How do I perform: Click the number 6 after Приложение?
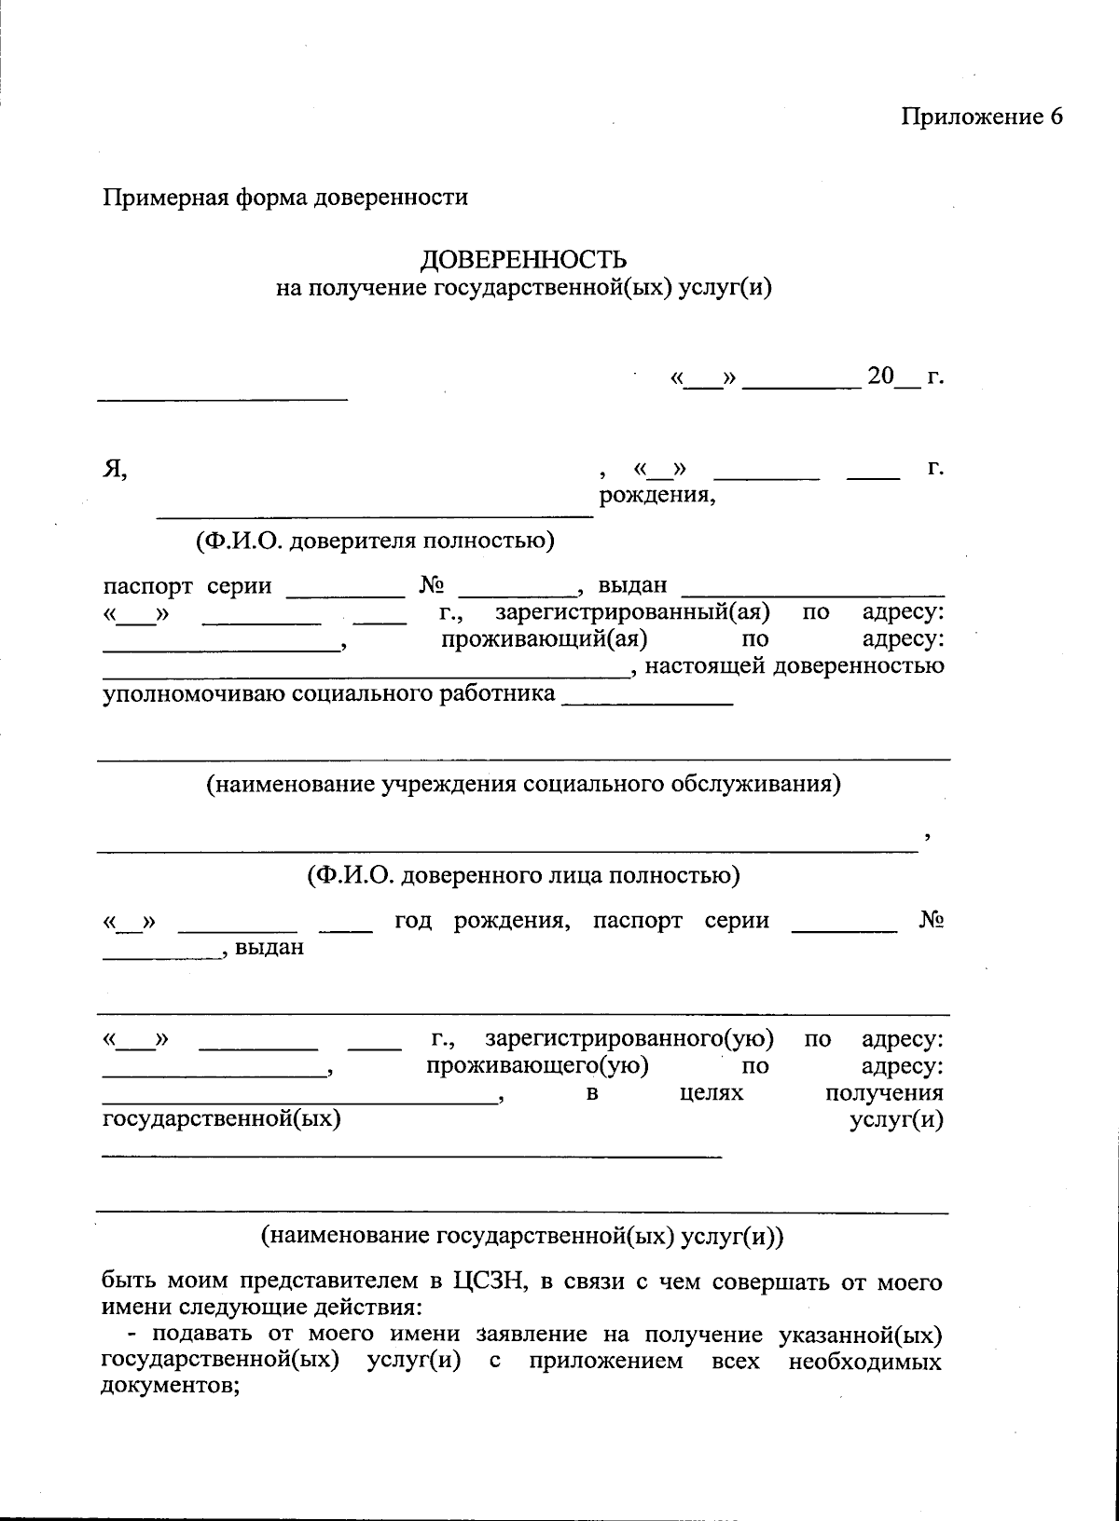click(x=1055, y=116)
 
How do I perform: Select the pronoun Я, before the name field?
click(x=114, y=469)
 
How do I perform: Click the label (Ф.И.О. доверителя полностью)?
click(x=374, y=541)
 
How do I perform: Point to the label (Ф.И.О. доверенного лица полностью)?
click(x=523, y=875)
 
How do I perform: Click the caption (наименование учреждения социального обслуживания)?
click(x=523, y=784)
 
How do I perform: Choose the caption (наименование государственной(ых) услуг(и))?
click(x=523, y=1236)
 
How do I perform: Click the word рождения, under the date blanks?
click(x=656, y=495)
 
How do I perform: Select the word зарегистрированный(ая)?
click(x=632, y=613)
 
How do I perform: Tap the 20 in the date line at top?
click(x=879, y=377)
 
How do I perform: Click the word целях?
click(x=711, y=1091)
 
